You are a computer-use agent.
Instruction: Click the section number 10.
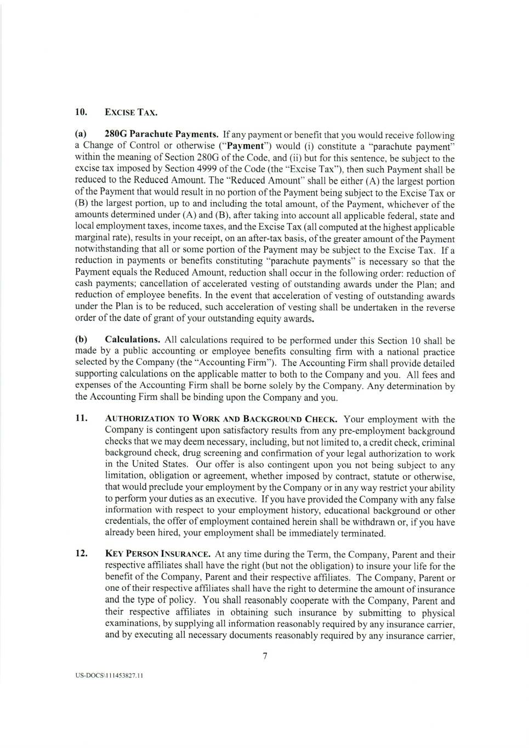click(x=81, y=113)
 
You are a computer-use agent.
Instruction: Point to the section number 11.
click(x=81, y=419)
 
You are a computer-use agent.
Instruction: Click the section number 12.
click(x=81, y=554)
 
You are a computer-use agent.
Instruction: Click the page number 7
click(x=265, y=656)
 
